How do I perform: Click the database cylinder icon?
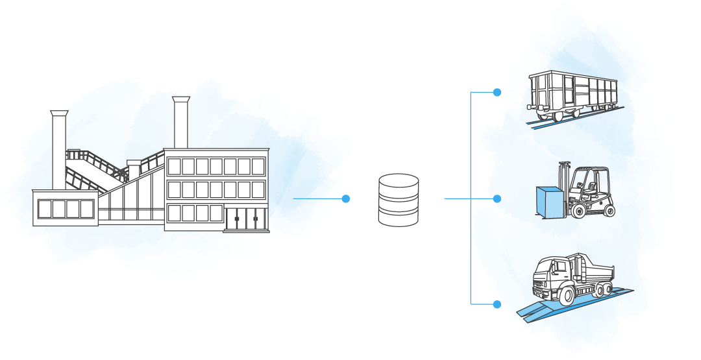click(x=398, y=200)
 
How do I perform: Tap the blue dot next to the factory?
click(x=346, y=198)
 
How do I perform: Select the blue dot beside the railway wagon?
click(x=497, y=92)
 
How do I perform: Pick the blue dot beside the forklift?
click(x=497, y=198)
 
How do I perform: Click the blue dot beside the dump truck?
click(x=497, y=304)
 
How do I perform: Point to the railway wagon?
click(x=572, y=95)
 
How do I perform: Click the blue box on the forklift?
click(x=548, y=202)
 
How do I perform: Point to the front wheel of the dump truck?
click(x=563, y=295)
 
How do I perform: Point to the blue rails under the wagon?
click(x=578, y=119)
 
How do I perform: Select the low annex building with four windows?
click(x=66, y=208)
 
